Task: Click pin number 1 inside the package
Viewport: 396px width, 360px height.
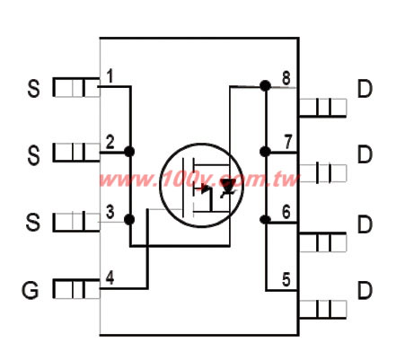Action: click(x=110, y=76)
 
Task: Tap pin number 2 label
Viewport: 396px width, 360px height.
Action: click(x=110, y=142)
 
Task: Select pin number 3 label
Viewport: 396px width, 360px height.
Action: click(x=110, y=212)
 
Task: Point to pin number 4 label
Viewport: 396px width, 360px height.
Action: click(x=110, y=278)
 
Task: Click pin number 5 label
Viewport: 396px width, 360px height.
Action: click(x=286, y=280)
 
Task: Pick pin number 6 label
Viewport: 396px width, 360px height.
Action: click(x=286, y=212)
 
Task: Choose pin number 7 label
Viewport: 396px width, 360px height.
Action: click(x=287, y=142)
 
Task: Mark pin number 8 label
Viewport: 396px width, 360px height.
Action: click(x=286, y=79)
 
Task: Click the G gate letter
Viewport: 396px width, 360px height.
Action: click(x=30, y=290)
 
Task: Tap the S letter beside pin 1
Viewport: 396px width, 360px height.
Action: click(x=33, y=89)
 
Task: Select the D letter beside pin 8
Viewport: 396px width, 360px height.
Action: click(x=365, y=89)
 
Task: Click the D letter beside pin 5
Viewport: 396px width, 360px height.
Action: click(x=365, y=290)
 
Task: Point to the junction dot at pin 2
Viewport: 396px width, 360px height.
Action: click(x=129, y=152)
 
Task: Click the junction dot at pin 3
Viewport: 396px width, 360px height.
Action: click(x=129, y=220)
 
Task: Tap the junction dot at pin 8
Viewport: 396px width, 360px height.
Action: click(x=265, y=86)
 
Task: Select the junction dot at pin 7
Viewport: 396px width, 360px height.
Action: click(x=265, y=152)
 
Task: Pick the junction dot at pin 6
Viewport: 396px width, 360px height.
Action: click(x=265, y=220)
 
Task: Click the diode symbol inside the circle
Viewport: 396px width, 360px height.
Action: click(x=228, y=189)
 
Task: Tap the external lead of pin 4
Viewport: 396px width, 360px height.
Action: click(x=76, y=289)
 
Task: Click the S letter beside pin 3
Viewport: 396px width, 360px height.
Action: click(x=32, y=223)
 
